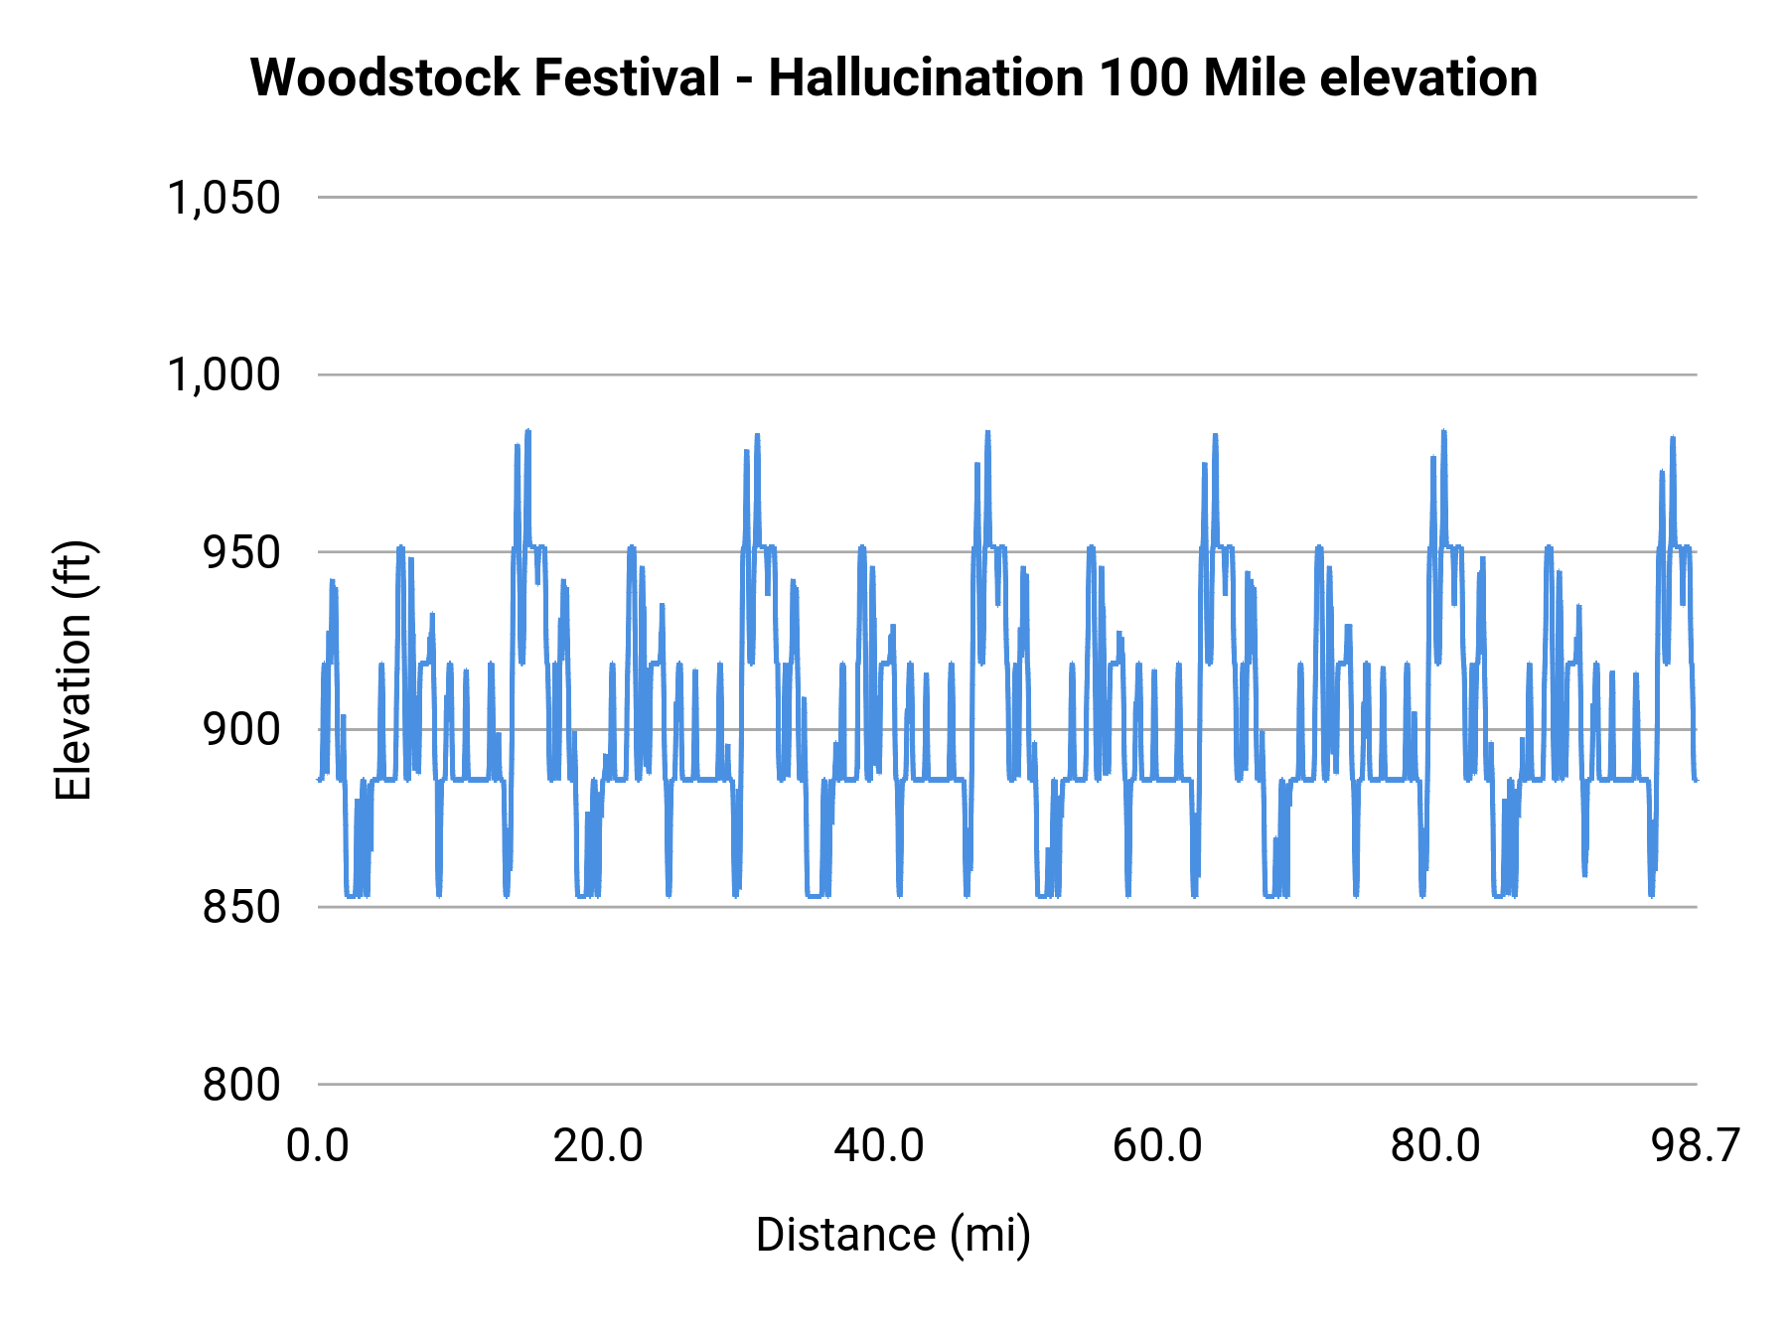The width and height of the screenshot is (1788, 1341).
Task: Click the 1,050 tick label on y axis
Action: pyautogui.click(x=223, y=198)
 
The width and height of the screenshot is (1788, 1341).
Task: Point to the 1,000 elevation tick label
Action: pyautogui.click(x=223, y=375)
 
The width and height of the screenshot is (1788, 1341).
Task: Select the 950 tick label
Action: pyautogui.click(x=241, y=553)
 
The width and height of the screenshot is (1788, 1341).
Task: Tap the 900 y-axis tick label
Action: pyautogui.click(x=241, y=730)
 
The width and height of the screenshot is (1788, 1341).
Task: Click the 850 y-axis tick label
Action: pyautogui.click(x=241, y=908)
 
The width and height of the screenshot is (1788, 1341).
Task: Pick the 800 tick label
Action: pyautogui.click(x=241, y=1085)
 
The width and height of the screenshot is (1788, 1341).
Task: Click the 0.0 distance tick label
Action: pyautogui.click(x=318, y=1146)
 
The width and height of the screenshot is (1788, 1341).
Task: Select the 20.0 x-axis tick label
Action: pyautogui.click(x=598, y=1146)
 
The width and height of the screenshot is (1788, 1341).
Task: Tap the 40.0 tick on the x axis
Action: pyautogui.click(x=878, y=1146)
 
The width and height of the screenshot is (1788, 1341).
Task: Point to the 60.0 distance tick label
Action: pyautogui.click(x=1157, y=1146)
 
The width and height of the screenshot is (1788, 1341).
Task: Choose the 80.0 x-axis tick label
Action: pyautogui.click(x=1435, y=1146)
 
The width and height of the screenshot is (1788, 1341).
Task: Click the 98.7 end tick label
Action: pyautogui.click(x=1696, y=1146)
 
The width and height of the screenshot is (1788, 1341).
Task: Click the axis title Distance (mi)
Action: pyautogui.click(x=893, y=1235)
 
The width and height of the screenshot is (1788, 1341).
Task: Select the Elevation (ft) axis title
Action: pyautogui.click(x=74, y=670)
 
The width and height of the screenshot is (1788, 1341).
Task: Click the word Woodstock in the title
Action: pyautogui.click(x=384, y=77)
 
